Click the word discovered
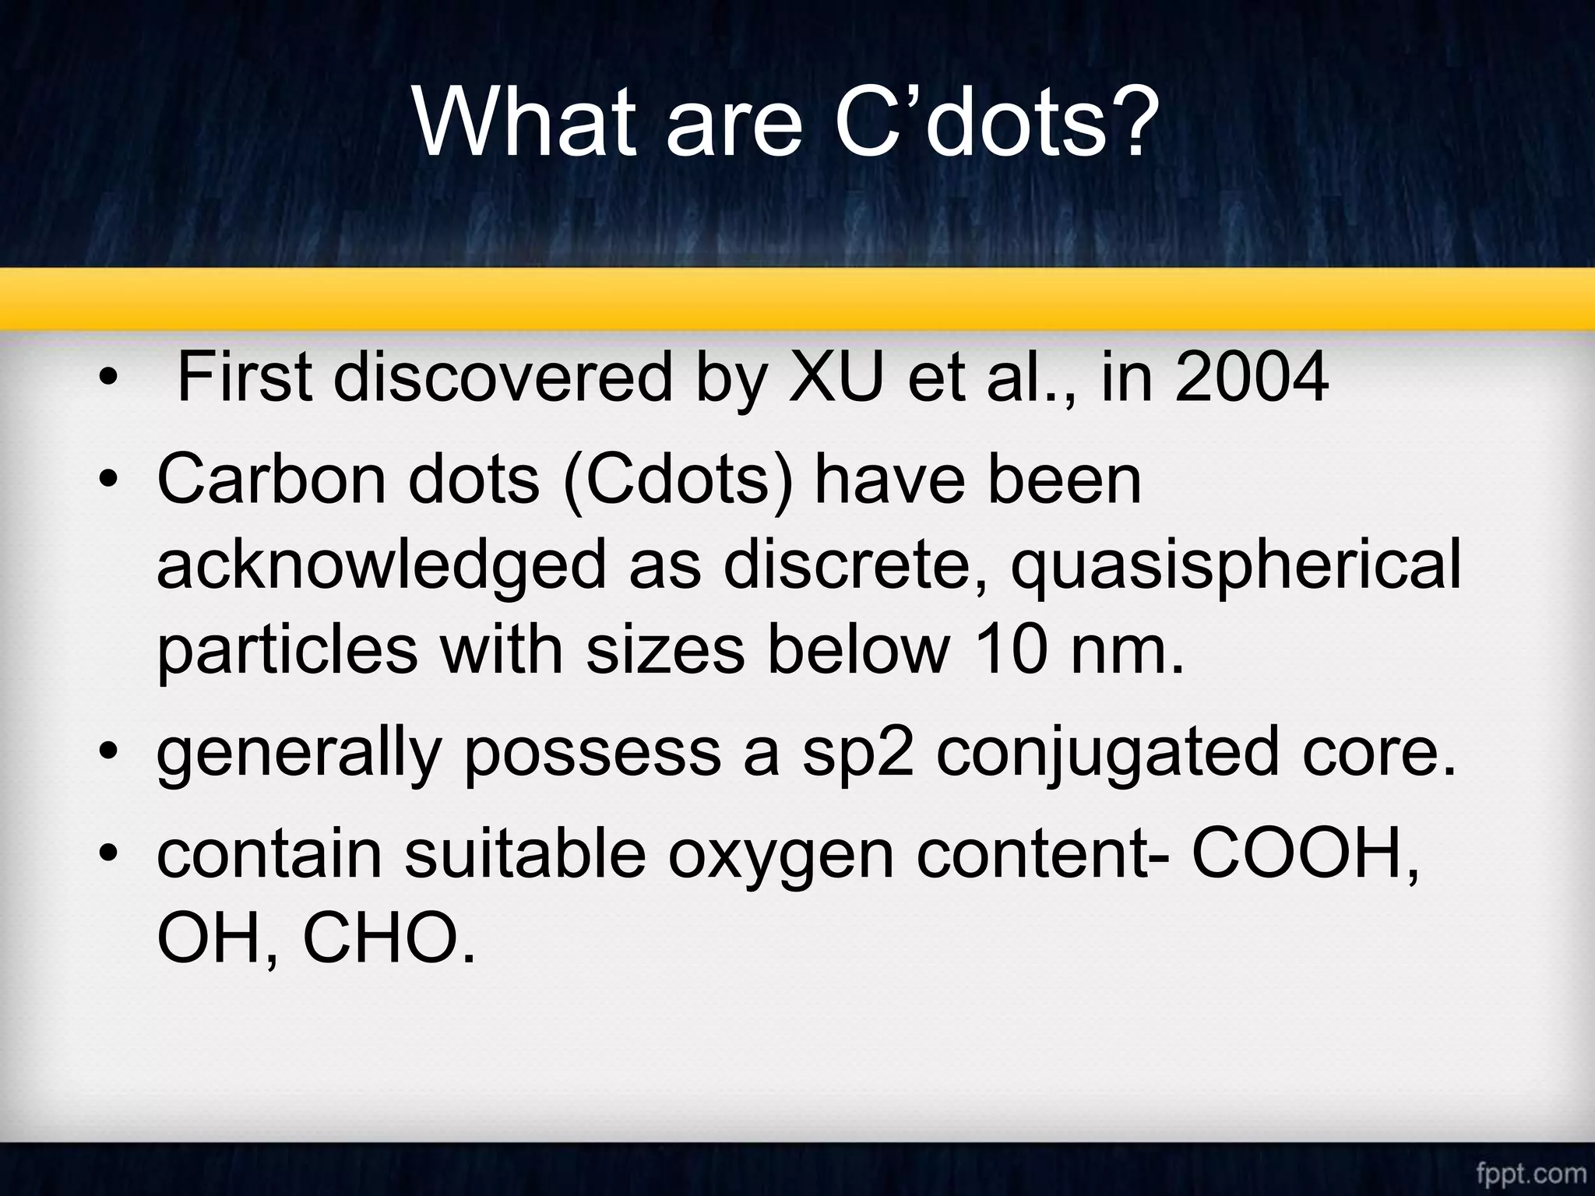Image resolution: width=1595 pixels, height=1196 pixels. click(502, 378)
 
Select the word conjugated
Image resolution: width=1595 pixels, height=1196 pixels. click(1107, 753)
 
